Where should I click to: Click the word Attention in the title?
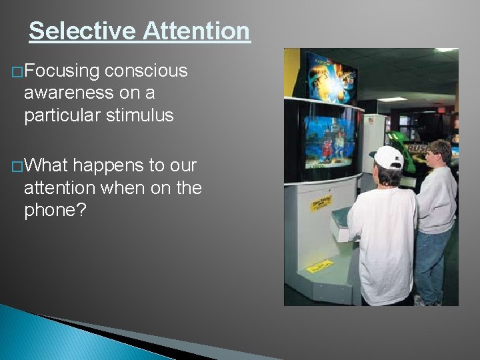click(197, 31)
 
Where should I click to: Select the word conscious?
click(146, 71)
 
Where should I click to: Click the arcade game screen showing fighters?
click(331, 139)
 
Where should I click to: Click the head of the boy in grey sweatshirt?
click(439, 154)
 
